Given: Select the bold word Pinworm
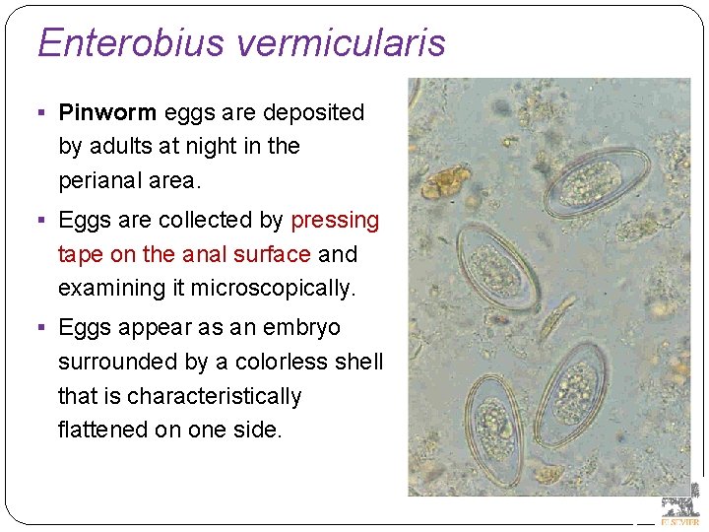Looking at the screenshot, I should [107, 112].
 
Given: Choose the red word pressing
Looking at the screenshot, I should [335, 220].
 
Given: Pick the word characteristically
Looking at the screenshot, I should [214, 396].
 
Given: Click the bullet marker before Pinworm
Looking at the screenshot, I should [45, 113].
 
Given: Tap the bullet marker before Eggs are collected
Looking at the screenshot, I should [45, 221].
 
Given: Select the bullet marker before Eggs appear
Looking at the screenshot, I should [45, 328].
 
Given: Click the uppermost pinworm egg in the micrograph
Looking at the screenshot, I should [596, 182].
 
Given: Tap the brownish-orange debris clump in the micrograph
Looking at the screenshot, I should [448, 180].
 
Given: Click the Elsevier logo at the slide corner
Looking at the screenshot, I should [680, 503].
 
